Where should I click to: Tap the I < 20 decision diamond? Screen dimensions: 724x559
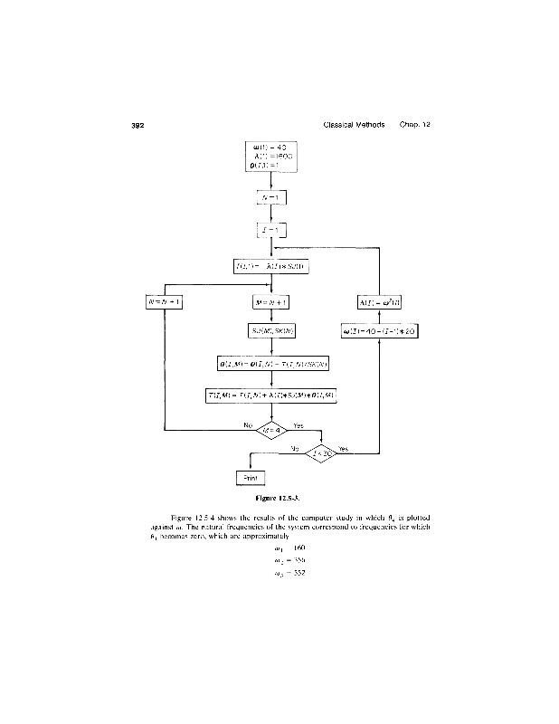point(321,452)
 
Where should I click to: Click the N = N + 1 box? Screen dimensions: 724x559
point(165,301)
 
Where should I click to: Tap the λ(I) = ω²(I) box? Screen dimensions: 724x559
point(380,301)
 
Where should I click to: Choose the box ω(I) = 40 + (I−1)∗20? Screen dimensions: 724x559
point(380,331)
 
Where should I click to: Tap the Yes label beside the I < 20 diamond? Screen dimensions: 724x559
point(343,448)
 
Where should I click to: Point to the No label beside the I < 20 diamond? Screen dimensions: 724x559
point(295,447)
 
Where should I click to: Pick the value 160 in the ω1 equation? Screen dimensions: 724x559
point(300,548)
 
